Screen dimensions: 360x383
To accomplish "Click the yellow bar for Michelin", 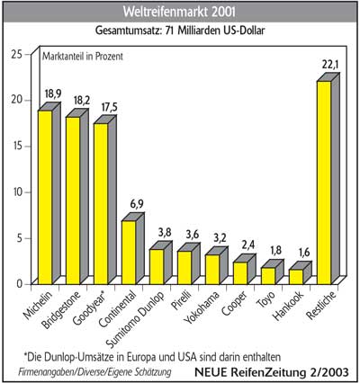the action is pos(46,197).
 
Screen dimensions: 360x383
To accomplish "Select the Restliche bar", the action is pos(325,183).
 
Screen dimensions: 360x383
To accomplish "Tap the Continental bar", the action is pos(130,252).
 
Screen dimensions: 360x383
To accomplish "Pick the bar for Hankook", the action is pos(297,276).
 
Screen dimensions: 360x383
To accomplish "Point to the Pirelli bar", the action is pos(185,267).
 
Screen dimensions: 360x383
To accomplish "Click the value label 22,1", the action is pos(330,65).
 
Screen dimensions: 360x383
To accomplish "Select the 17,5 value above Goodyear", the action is pos(110,107).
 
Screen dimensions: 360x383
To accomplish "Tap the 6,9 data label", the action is pos(137,204).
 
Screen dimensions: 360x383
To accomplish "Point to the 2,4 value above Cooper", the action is pos(248,245).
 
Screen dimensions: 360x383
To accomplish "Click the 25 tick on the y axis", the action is pos(17,55).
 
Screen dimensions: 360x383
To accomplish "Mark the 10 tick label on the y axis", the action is pos(17,192).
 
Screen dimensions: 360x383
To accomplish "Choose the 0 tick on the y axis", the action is pos(20,283).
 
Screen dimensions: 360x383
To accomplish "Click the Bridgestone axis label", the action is pos(61,310).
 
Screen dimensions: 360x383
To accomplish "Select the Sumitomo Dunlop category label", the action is pos(136,319).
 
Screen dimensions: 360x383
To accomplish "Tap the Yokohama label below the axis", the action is pos(202,307).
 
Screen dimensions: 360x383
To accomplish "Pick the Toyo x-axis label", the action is pos(265,299).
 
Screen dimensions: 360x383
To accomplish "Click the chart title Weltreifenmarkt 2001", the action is pos(179,13).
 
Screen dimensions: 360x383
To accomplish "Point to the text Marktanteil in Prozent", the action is pos(83,57).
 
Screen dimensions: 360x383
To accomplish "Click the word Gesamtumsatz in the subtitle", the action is pos(129,31).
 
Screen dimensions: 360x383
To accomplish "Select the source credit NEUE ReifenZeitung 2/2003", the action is pos(272,372).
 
